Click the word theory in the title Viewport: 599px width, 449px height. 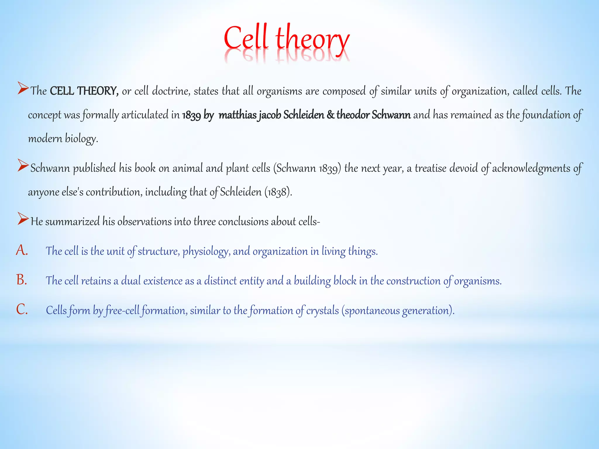[x=312, y=39]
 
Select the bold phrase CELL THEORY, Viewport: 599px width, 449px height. [x=84, y=91]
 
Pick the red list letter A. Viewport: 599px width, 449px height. [x=22, y=251]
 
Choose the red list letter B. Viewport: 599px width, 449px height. [x=22, y=280]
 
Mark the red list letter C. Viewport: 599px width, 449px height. [x=22, y=310]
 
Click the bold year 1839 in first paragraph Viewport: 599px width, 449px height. [x=191, y=115]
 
